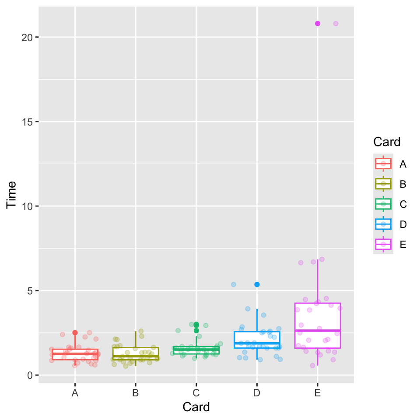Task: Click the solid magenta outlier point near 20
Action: [318, 24]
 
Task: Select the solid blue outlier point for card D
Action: [257, 284]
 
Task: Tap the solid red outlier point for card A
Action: [75, 332]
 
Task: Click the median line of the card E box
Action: [318, 330]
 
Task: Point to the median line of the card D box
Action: [257, 343]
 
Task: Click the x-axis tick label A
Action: [75, 393]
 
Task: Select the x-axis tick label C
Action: [196, 393]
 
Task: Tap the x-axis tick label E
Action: [318, 393]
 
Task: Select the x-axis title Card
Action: [196, 407]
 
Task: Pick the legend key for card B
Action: [383, 184]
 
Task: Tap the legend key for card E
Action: [383, 244]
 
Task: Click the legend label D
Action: [403, 224]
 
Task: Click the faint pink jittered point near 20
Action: [336, 24]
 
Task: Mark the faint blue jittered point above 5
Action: [234, 284]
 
